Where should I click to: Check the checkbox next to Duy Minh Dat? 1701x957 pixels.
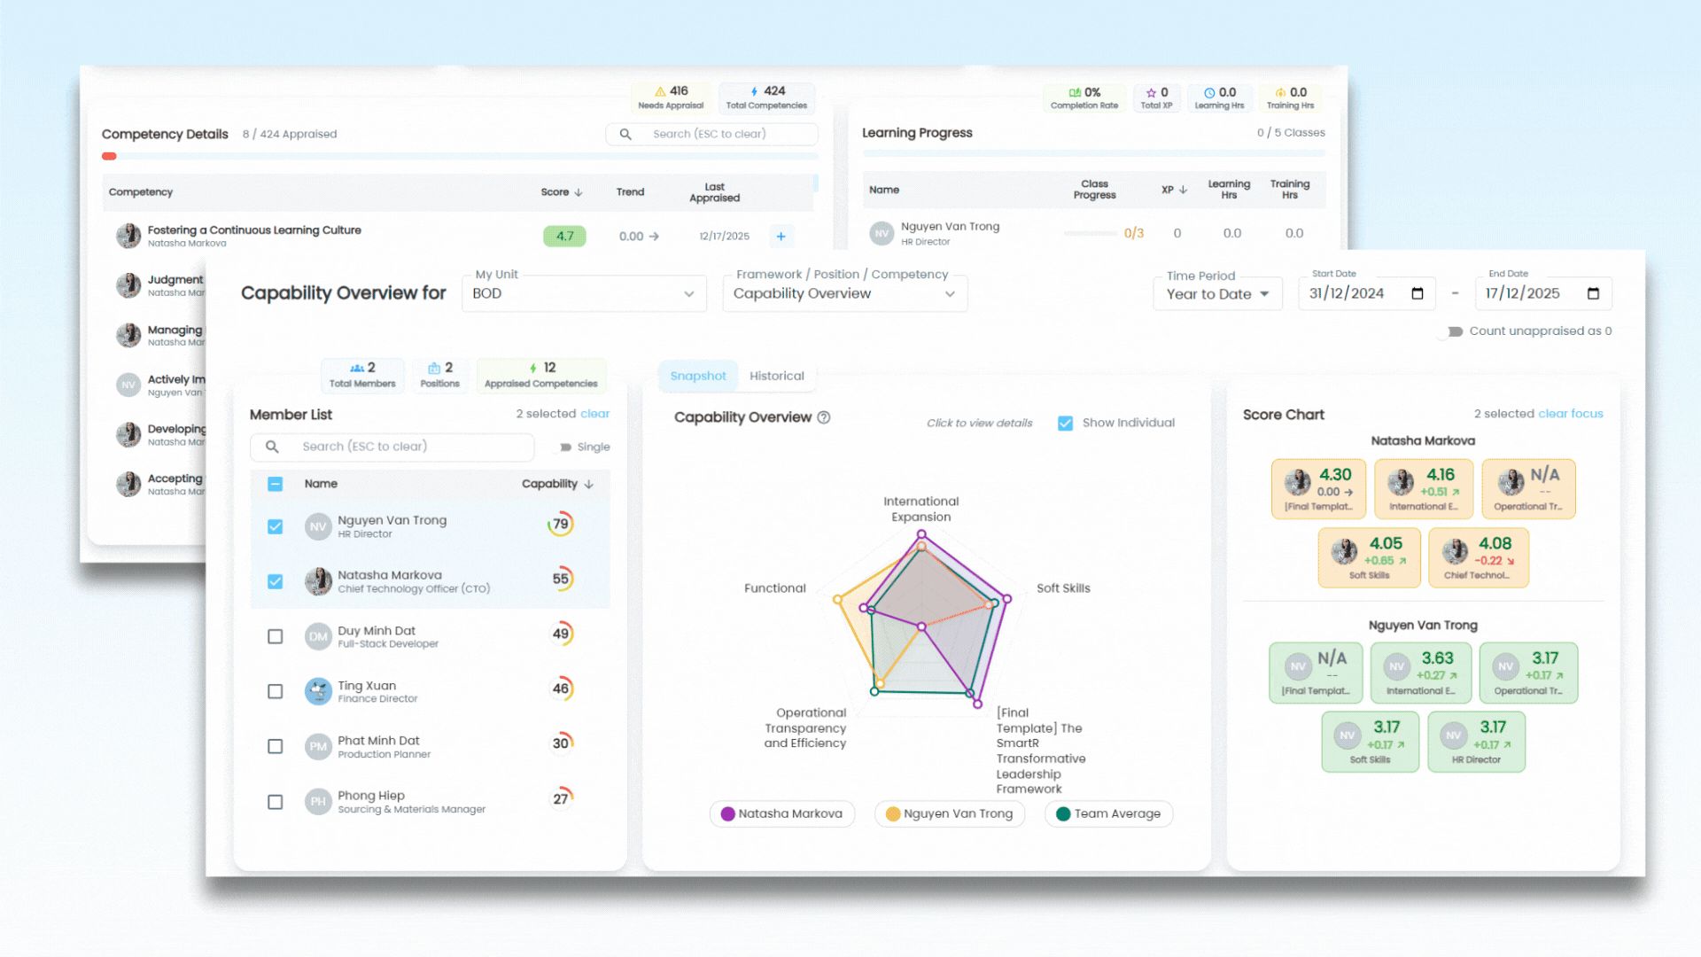click(276, 636)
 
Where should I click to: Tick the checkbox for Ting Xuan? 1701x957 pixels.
click(276, 691)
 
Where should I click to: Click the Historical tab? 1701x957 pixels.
click(776, 376)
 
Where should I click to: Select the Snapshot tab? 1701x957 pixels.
click(697, 376)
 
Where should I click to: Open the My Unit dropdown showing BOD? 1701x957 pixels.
click(584, 293)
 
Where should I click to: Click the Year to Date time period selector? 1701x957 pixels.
click(1217, 294)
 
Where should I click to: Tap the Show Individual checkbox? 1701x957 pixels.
click(1066, 424)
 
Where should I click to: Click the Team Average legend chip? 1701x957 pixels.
click(1108, 813)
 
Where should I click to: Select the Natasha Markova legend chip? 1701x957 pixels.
click(781, 813)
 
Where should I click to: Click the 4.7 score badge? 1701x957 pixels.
click(564, 237)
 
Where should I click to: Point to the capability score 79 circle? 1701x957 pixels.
click(560, 525)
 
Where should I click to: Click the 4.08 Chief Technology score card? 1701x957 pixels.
click(1478, 557)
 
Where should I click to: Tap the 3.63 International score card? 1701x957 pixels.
click(1420, 673)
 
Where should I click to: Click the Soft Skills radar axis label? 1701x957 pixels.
click(1063, 588)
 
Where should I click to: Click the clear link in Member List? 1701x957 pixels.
click(594, 414)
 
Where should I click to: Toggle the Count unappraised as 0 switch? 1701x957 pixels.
click(1454, 331)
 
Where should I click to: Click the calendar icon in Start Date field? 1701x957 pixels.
click(1417, 294)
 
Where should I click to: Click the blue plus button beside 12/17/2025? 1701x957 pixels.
click(781, 237)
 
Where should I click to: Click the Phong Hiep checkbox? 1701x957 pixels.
click(276, 802)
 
